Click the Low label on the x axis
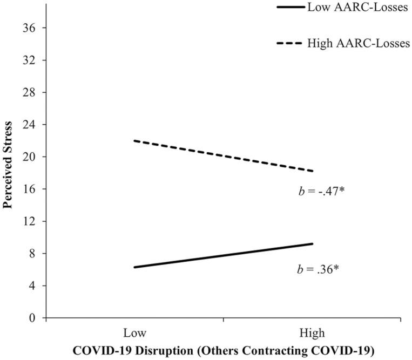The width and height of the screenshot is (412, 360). pos(134,331)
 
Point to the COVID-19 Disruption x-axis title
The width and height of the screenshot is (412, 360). pos(223,349)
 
